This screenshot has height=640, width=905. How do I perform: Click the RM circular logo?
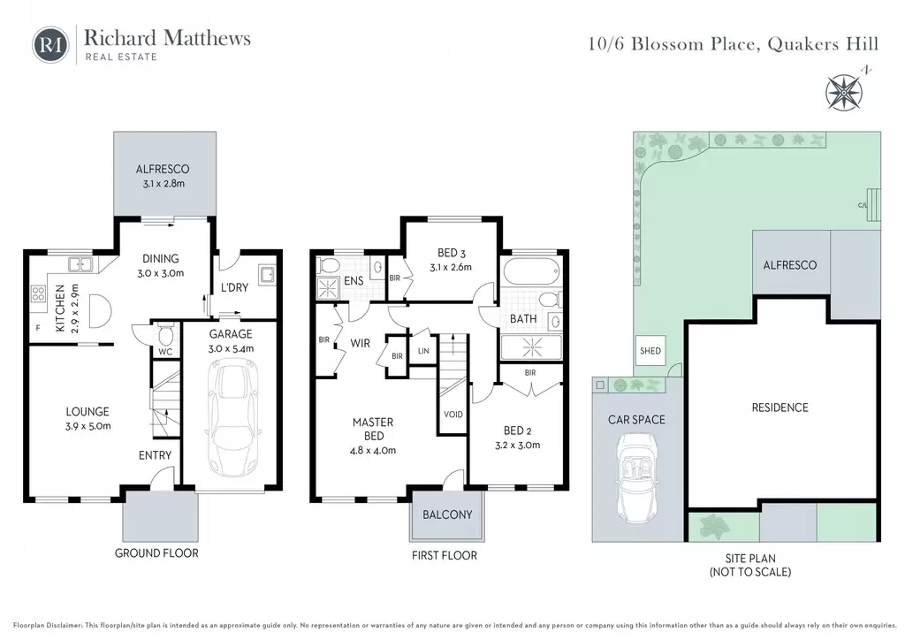point(50,45)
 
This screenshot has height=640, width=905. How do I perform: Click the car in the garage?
point(232,416)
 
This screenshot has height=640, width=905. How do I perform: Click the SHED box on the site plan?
point(650,350)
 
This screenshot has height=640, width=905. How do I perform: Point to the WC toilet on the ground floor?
point(165,335)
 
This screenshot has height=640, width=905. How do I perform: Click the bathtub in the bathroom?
point(531,270)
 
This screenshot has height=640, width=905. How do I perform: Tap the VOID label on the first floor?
point(453,415)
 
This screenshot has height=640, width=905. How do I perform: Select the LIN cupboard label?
point(423,351)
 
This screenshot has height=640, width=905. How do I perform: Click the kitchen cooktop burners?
point(38,293)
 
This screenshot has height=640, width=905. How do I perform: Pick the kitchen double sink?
point(80,264)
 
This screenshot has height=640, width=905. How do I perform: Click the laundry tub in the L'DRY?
point(268,274)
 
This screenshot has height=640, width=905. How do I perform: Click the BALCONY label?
point(447,514)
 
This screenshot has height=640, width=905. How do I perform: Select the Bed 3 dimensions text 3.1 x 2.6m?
point(451,267)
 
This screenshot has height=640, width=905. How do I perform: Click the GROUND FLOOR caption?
point(156,552)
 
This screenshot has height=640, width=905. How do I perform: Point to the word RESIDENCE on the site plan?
point(780,408)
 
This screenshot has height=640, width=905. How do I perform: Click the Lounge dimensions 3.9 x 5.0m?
point(88,426)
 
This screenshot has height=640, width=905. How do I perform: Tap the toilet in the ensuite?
point(330,265)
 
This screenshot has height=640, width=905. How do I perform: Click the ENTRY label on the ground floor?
point(155,455)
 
